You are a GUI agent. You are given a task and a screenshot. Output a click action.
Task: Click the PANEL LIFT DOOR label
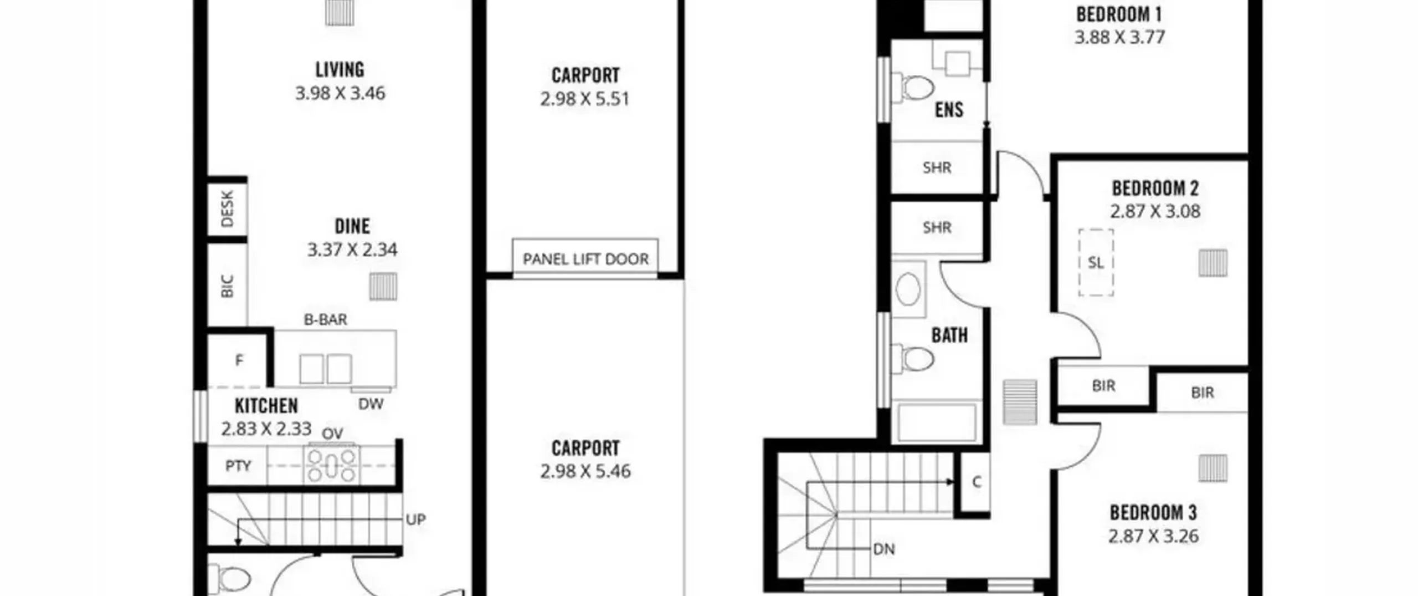click(585, 259)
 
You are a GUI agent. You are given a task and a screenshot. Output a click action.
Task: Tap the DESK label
click(227, 209)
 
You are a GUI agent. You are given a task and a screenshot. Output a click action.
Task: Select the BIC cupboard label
click(227, 286)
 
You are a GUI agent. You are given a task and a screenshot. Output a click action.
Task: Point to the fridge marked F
click(239, 360)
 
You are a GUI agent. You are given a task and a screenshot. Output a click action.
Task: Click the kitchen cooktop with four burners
click(332, 465)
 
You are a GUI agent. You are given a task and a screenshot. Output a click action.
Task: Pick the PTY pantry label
click(238, 466)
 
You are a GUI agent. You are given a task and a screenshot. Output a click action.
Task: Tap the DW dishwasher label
click(371, 404)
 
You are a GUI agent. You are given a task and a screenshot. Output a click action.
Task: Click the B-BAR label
click(326, 319)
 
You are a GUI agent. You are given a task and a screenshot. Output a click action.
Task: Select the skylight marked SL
click(1096, 262)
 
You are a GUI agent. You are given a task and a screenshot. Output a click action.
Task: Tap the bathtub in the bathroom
click(937, 422)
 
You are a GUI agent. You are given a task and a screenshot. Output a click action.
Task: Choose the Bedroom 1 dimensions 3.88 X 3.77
click(1119, 37)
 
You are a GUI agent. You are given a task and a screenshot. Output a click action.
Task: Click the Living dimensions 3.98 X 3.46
click(340, 93)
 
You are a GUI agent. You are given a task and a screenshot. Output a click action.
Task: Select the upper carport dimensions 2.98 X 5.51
click(585, 99)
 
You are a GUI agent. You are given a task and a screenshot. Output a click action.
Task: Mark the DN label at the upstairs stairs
click(883, 549)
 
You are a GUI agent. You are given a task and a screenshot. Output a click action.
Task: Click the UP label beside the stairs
click(415, 519)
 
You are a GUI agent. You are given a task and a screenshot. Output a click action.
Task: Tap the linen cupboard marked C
click(976, 482)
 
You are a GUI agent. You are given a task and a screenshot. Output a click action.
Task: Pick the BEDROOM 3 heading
click(1153, 513)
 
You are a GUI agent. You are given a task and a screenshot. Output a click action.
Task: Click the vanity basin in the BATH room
click(908, 289)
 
